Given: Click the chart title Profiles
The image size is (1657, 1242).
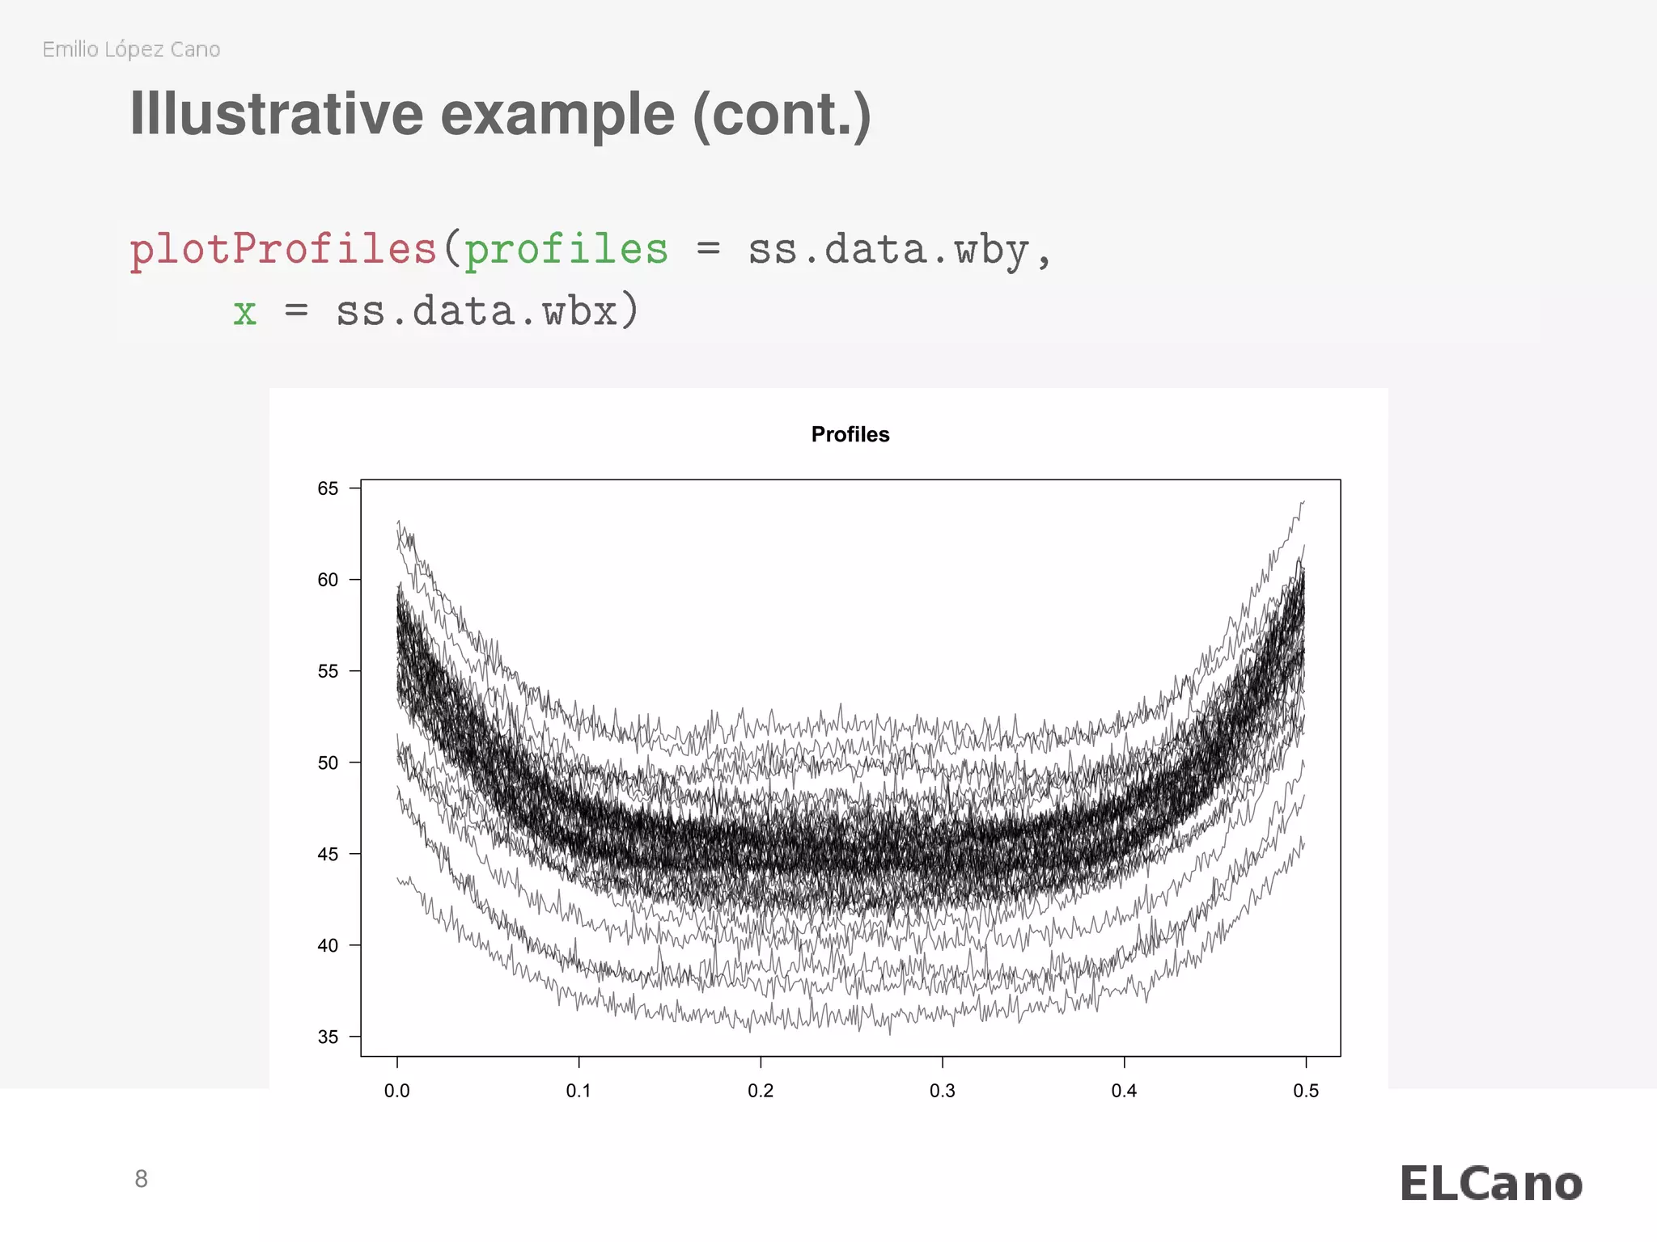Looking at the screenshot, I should [850, 434].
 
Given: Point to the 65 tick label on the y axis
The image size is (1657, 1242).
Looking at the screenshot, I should [328, 488].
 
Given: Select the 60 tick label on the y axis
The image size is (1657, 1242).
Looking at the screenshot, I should [328, 580].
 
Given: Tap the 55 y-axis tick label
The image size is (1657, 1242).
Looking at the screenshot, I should [328, 671].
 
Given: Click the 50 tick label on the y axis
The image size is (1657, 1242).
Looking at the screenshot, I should [328, 763].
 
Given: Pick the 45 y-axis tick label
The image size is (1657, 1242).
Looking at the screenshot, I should [328, 854].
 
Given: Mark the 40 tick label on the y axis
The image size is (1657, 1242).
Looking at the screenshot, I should [328, 945].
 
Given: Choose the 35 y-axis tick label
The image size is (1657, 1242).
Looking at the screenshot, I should [328, 1037].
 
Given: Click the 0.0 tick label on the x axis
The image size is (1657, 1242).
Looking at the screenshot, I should [396, 1091].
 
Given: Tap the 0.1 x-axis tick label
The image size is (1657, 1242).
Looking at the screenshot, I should [578, 1091].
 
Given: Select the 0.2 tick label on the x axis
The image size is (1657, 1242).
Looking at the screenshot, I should [761, 1091].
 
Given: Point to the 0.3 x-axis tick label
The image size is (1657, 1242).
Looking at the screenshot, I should [942, 1091].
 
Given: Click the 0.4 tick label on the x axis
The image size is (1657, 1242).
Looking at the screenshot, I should [1124, 1091].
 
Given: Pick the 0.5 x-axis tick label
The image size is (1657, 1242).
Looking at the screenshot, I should [1305, 1091].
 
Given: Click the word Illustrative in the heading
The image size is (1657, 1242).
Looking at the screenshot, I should [276, 114].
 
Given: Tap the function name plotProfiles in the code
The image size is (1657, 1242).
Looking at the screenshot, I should [283, 249].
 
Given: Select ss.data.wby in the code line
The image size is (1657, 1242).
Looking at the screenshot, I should [888, 249].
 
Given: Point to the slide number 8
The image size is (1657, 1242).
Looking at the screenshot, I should [141, 1179].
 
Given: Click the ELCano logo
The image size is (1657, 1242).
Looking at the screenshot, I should [1490, 1185].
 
